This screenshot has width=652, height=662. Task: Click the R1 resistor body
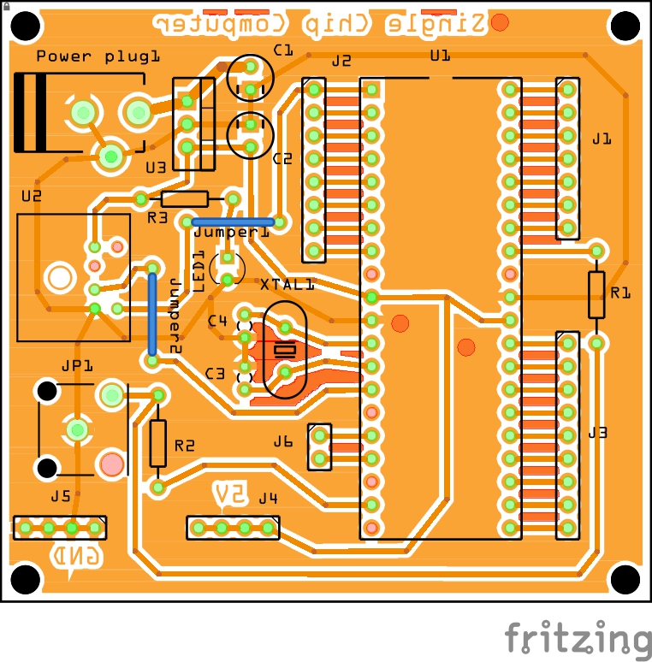tap(596, 295)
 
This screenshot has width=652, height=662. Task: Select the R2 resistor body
tap(158, 443)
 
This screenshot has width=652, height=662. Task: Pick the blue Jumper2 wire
tap(152, 313)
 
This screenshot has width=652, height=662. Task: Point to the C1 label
tap(283, 50)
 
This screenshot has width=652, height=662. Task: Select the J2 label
tap(341, 61)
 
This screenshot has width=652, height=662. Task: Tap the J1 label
tap(602, 138)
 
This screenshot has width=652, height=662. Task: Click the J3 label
tap(597, 433)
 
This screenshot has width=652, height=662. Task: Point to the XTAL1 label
tap(287, 285)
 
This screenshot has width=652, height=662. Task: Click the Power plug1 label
tap(98, 56)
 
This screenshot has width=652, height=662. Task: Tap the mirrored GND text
tap(78, 556)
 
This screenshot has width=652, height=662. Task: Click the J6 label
tap(283, 442)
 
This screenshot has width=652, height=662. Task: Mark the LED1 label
tap(199, 271)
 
